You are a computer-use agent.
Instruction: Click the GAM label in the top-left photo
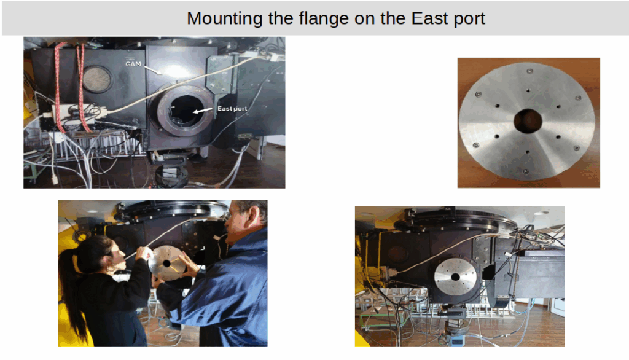click(x=133, y=64)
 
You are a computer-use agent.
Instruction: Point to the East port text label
click(x=232, y=108)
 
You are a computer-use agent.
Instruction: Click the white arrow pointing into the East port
click(x=203, y=111)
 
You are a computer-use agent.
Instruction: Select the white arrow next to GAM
click(x=153, y=70)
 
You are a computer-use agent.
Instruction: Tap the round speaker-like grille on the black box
click(x=96, y=79)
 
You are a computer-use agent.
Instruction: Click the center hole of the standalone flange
click(x=528, y=121)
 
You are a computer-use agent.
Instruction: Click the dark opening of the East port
click(x=187, y=111)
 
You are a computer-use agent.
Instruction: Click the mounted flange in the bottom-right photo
click(x=455, y=277)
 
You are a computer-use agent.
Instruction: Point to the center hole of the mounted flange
click(x=455, y=277)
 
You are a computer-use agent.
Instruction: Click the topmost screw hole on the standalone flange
click(x=530, y=71)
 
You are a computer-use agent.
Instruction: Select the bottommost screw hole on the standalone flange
click(x=525, y=172)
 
